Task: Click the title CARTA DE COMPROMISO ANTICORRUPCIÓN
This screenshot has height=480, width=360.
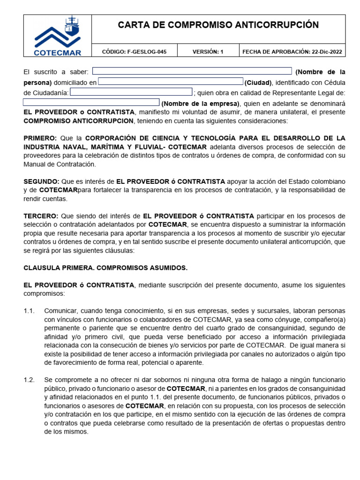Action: [x=218, y=25]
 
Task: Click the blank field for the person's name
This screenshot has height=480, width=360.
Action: [x=192, y=71]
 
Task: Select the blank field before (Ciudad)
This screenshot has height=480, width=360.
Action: [x=171, y=82]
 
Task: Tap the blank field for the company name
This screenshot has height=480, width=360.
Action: [x=91, y=102]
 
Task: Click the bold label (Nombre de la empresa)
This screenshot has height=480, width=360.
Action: [x=201, y=103]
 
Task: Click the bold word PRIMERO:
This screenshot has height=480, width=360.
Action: [x=40, y=138]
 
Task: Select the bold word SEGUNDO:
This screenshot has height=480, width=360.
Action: [x=41, y=181]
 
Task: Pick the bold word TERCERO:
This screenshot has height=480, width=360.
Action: [x=41, y=216]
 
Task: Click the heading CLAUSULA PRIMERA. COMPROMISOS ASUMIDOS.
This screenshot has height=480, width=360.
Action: [x=105, y=268]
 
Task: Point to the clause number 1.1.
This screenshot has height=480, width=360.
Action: [x=29, y=311]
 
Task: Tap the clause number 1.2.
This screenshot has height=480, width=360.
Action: [x=29, y=380]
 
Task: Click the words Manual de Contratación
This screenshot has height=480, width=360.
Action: [x=60, y=164]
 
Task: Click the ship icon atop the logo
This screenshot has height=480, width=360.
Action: [x=71, y=23]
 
